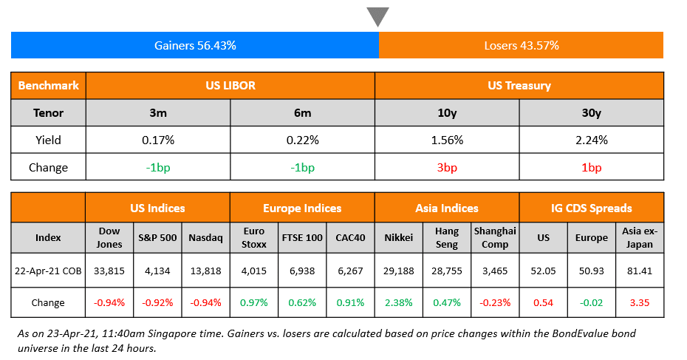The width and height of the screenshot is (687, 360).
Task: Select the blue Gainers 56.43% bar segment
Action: [x=195, y=45]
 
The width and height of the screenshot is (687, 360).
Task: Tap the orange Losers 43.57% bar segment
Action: [x=521, y=45]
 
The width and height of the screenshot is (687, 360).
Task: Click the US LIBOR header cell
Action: [x=230, y=86]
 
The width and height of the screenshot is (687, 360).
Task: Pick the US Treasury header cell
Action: [x=519, y=86]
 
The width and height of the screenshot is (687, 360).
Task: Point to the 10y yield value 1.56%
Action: [x=447, y=140]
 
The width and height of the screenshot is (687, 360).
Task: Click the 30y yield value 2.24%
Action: [x=592, y=140]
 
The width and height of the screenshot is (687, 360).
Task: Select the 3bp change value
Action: [x=447, y=167]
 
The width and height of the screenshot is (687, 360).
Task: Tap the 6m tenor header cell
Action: [x=302, y=113]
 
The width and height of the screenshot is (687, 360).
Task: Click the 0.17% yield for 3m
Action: [x=158, y=140]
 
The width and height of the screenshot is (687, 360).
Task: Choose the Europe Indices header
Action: [x=302, y=208]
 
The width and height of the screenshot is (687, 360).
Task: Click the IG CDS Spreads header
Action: [x=592, y=208]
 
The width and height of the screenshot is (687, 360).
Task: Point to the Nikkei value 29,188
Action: [x=399, y=271]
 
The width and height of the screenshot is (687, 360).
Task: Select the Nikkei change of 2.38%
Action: [x=399, y=302]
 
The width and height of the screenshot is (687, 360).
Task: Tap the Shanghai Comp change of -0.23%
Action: [x=495, y=302]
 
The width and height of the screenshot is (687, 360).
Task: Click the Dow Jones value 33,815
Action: [x=109, y=271]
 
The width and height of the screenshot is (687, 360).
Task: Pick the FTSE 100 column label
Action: [x=302, y=237]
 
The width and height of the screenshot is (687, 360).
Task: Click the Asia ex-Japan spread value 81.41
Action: [x=640, y=271]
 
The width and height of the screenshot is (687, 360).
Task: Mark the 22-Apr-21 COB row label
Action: [x=49, y=271]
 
